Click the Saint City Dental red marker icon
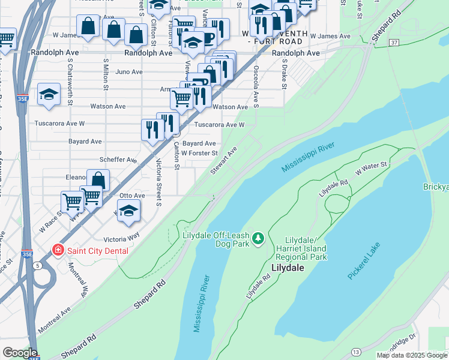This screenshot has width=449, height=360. (58, 250)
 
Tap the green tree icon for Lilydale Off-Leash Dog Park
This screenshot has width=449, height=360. (258, 239)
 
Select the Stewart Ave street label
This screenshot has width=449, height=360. (224, 160)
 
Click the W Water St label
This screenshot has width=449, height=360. (372, 167)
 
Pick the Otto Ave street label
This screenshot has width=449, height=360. (132, 196)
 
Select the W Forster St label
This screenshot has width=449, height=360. (199, 153)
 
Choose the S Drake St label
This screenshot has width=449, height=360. (283, 73)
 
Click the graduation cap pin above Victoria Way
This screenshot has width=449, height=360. (128, 211)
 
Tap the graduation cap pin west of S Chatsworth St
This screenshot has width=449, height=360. (49, 94)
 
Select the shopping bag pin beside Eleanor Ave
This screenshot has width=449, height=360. (98, 180)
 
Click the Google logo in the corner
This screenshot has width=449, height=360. (19, 353)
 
